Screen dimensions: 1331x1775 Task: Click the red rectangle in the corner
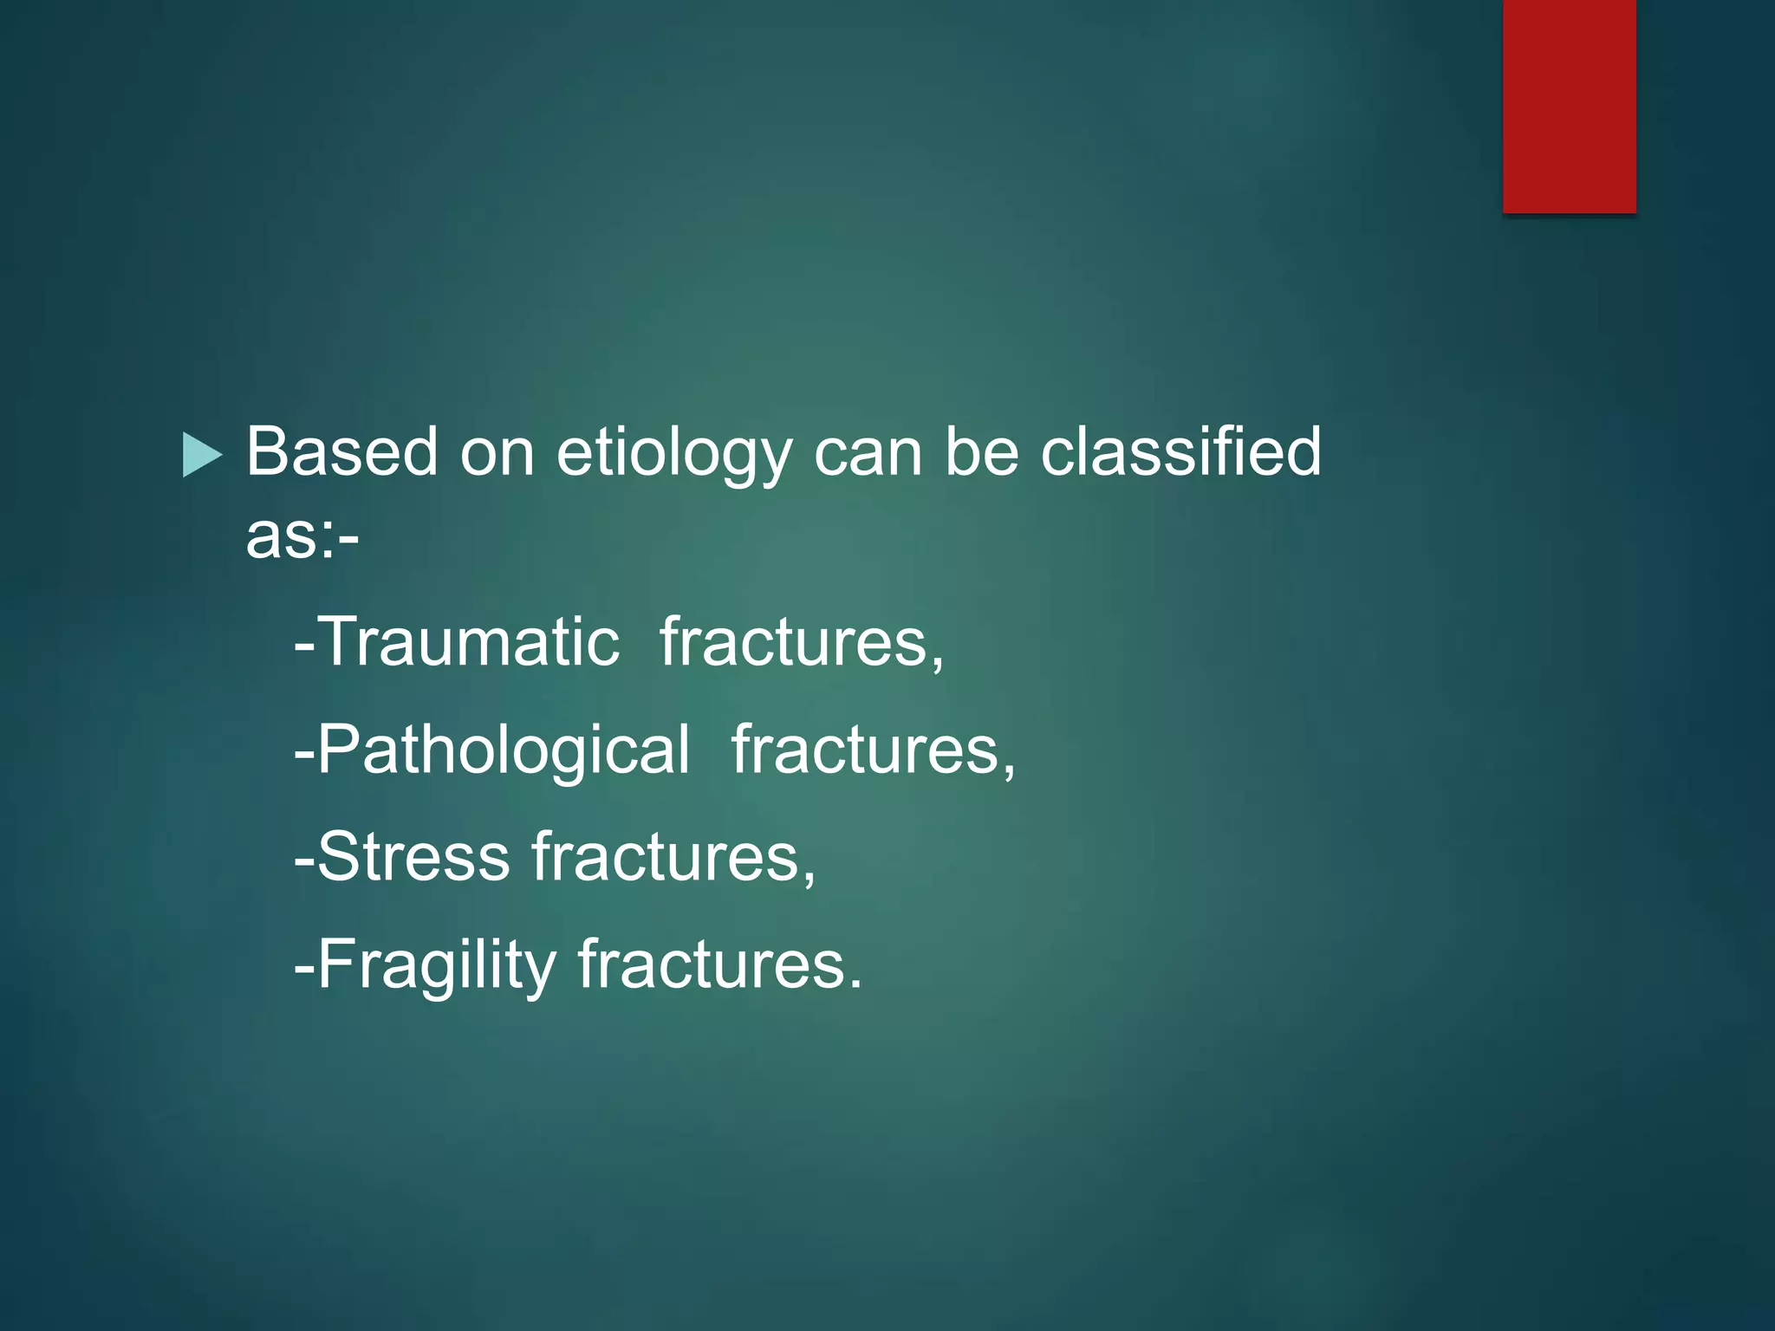click(x=1569, y=106)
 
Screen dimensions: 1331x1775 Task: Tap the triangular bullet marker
click(x=201, y=455)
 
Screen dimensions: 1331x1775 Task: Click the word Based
click(x=341, y=452)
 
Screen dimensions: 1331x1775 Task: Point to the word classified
click(x=1180, y=452)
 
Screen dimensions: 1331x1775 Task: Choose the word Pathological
click(x=504, y=750)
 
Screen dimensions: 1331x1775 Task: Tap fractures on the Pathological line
click(x=866, y=750)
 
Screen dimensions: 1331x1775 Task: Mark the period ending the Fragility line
click(x=856, y=986)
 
